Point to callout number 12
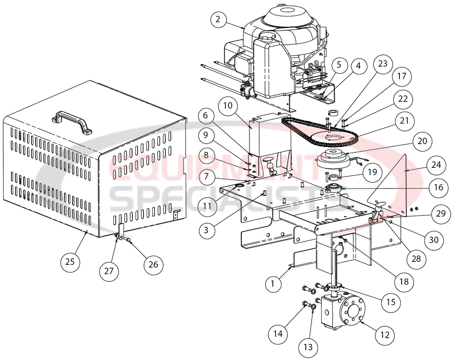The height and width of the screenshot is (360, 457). click(385, 335)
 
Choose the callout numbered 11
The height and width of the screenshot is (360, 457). click(207, 205)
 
